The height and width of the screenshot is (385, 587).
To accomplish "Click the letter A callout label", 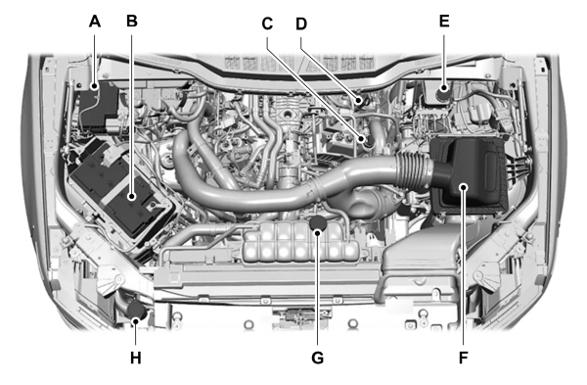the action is [95, 20].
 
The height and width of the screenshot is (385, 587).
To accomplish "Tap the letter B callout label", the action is [132, 20].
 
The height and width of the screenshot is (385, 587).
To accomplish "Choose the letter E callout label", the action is [445, 20].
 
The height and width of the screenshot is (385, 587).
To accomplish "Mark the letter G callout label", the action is [317, 358].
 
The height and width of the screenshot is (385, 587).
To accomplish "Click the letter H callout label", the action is [136, 358].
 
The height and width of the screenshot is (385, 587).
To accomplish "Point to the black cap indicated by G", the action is [317, 226].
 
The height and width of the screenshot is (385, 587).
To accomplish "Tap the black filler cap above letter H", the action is [136, 312].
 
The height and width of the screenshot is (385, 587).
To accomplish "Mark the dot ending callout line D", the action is [360, 99].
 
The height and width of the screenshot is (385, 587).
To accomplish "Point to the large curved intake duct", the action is [293, 191].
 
